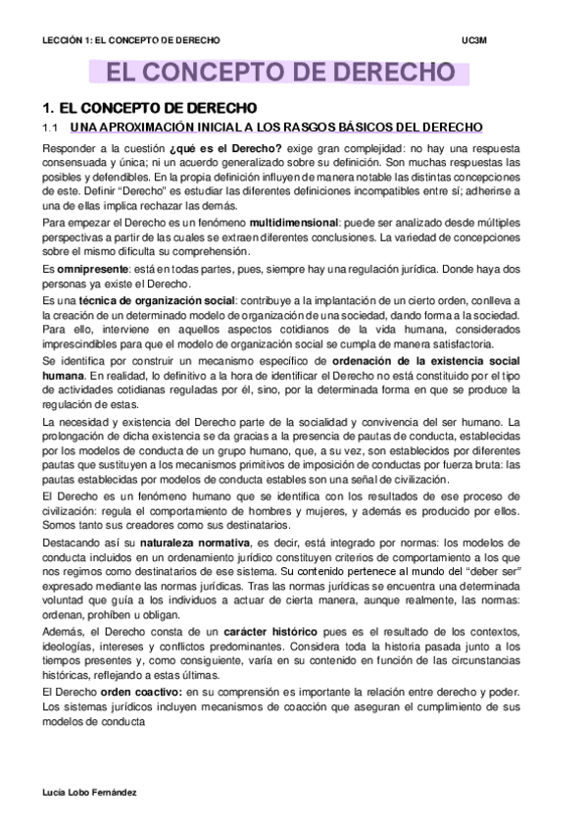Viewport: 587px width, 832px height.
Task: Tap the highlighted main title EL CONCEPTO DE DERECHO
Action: pos(280,75)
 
